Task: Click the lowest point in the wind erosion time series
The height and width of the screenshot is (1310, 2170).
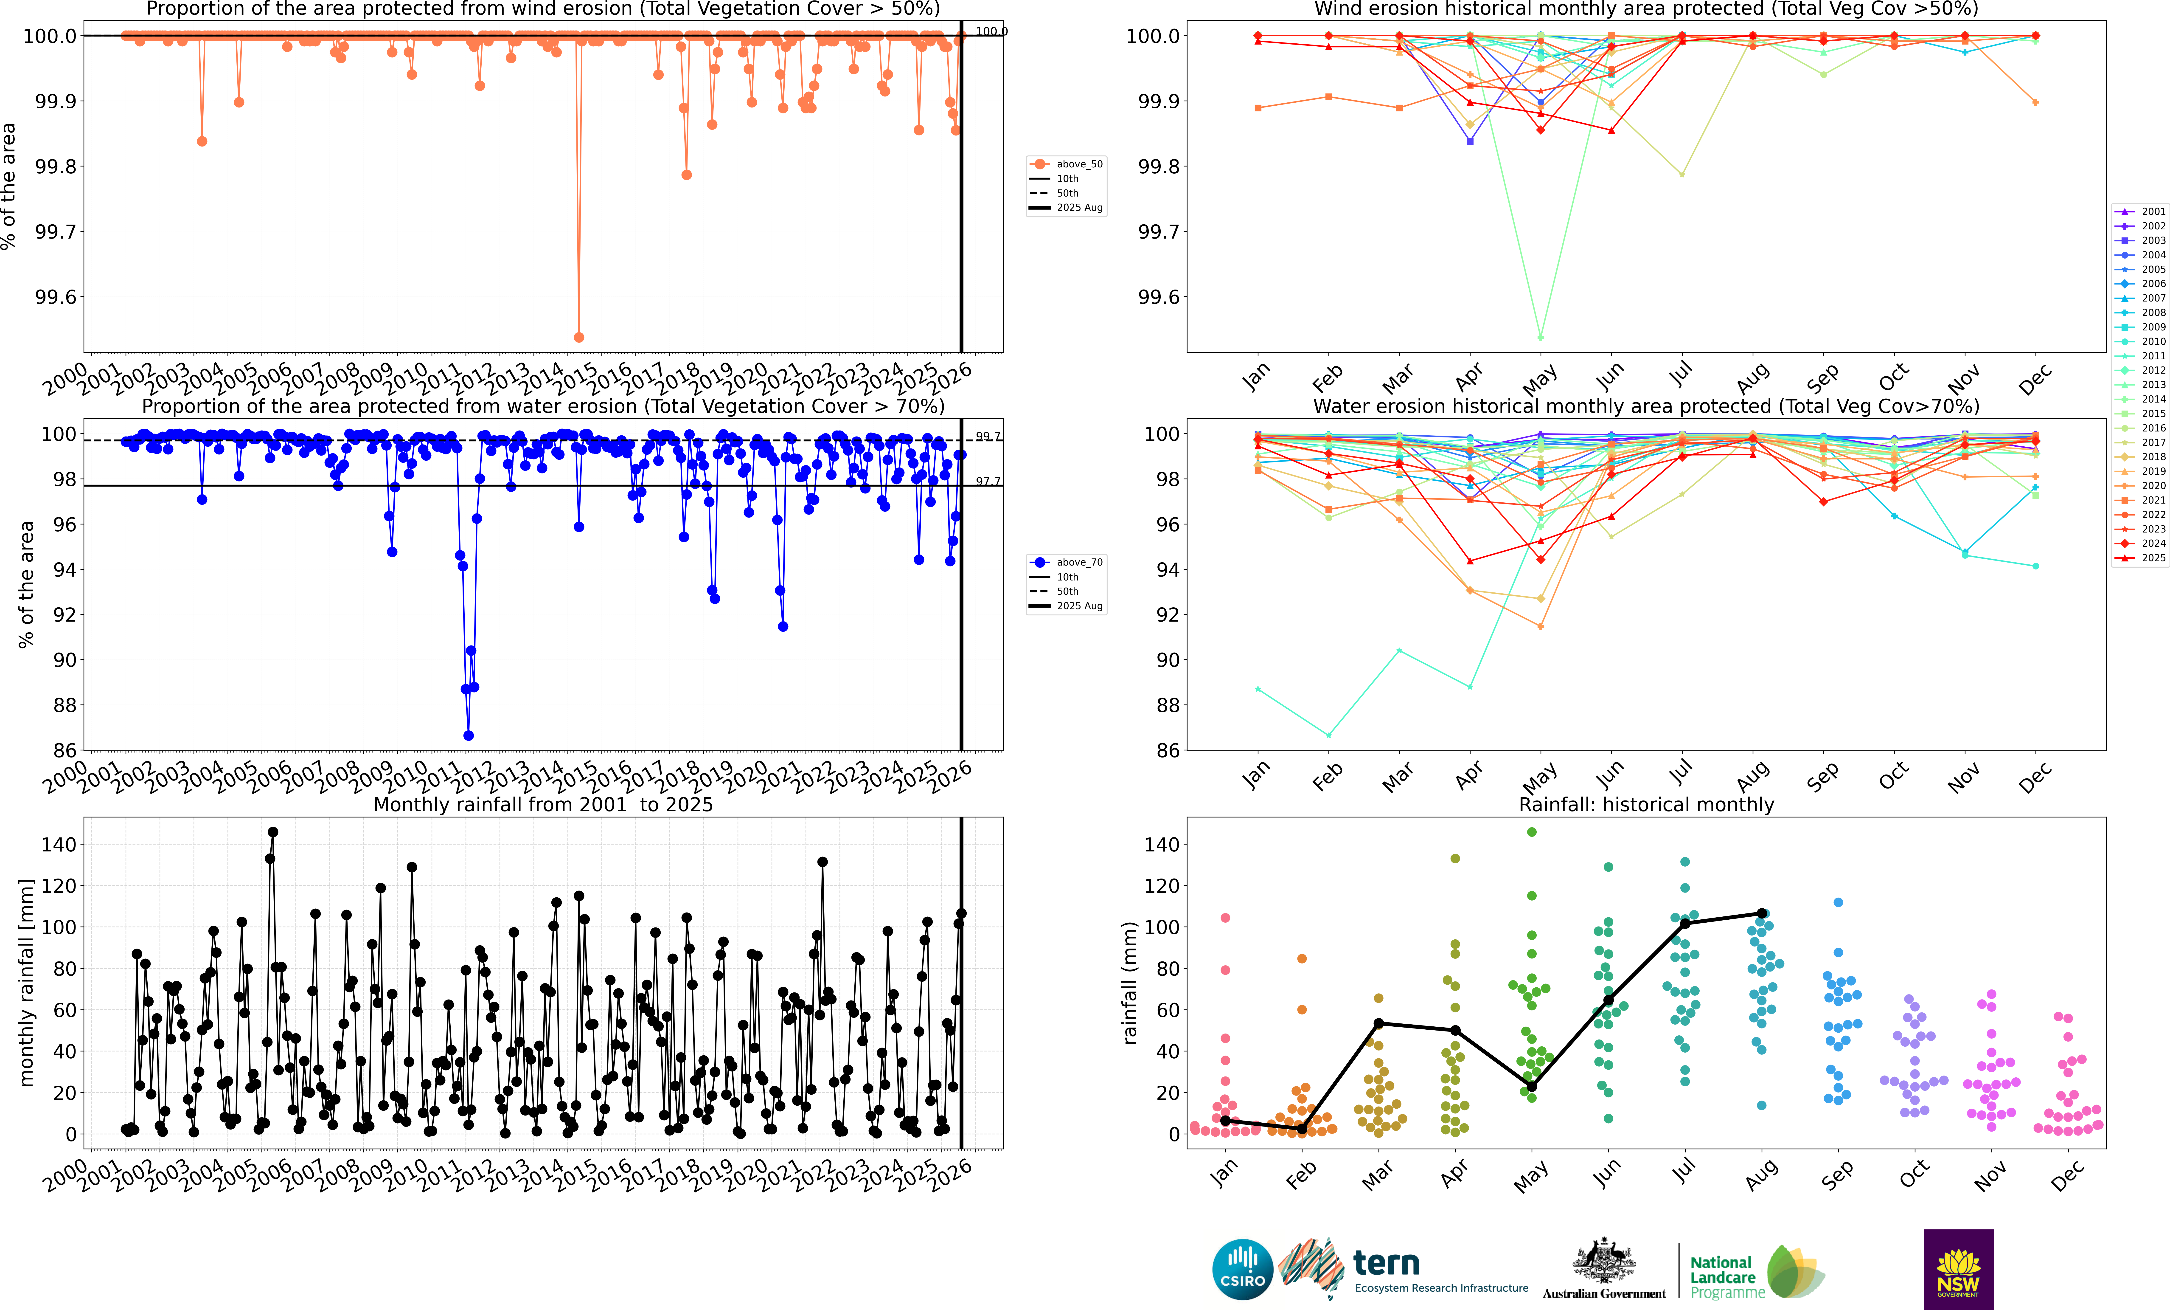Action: click(579, 337)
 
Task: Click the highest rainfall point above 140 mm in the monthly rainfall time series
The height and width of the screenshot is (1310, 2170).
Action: click(273, 832)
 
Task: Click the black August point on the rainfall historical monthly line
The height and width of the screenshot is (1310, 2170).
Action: click(1761, 913)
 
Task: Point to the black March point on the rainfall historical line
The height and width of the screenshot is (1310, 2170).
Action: click(1378, 1024)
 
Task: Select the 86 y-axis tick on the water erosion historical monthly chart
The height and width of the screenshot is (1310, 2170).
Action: click(1168, 751)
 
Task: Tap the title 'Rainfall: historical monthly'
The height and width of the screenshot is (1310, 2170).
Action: click(1646, 804)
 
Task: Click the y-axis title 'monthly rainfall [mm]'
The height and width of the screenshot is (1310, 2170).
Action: click(26, 982)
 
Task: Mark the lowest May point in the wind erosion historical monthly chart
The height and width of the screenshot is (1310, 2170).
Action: click(1540, 337)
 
